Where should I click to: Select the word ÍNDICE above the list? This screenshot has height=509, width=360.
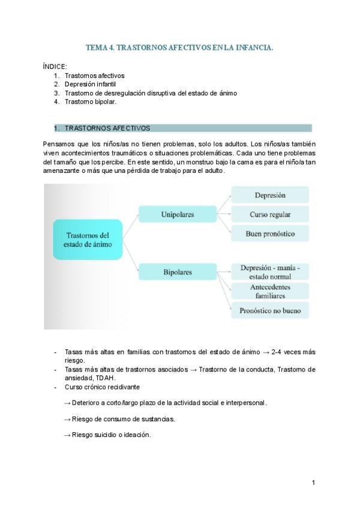point(55,66)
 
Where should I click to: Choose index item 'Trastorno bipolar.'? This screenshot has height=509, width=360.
point(90,101)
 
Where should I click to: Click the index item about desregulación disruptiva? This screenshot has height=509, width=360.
point(151,93)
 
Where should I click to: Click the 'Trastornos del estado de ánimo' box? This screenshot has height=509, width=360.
point(88,239)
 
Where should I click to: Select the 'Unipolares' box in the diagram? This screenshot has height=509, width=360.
point(177,214)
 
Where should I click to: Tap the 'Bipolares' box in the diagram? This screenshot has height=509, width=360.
point(177,272)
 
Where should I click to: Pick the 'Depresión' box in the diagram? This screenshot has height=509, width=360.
point(270,195)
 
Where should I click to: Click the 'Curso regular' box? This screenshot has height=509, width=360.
point(270,214)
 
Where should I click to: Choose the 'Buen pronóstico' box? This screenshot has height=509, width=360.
point(270,233)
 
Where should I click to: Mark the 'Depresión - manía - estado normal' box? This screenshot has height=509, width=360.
point(270,272)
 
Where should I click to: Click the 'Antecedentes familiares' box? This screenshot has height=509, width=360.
point(270,291)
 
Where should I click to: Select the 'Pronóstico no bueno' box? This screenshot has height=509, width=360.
point(270,310)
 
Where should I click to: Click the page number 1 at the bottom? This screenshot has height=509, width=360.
point(313,483)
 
